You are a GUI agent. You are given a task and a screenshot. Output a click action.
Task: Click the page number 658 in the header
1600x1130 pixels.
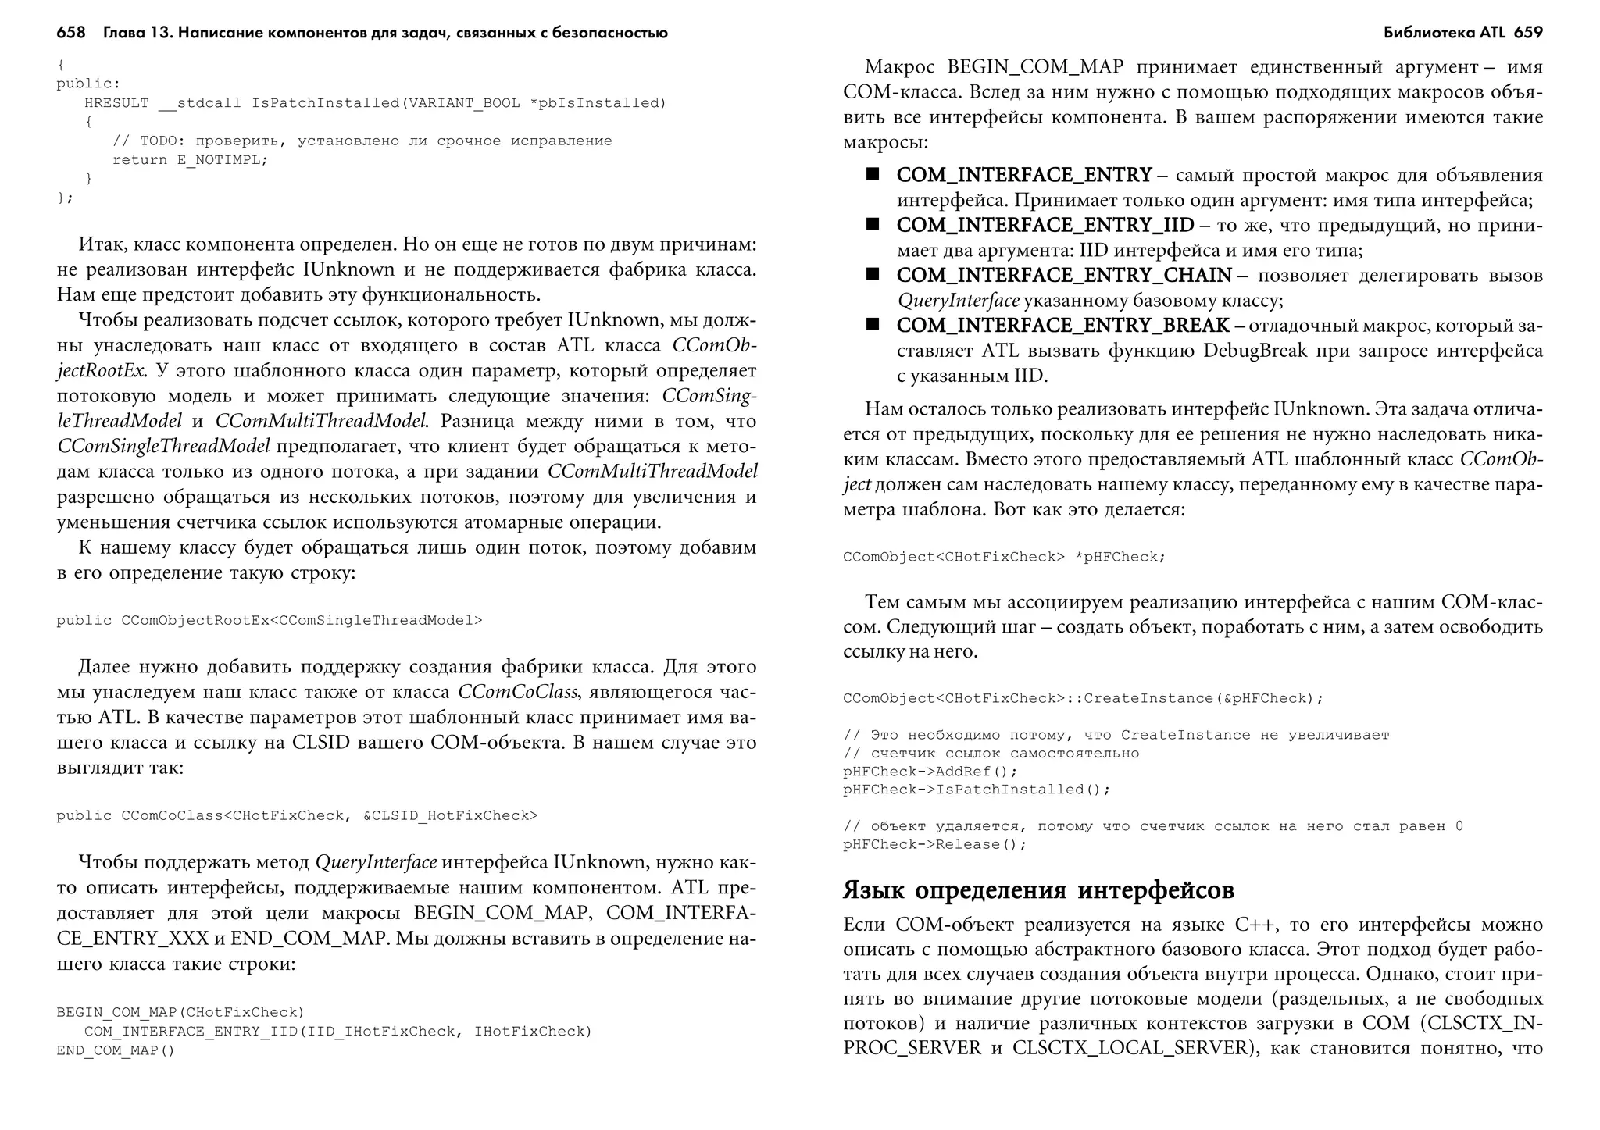click(x=70, y=33)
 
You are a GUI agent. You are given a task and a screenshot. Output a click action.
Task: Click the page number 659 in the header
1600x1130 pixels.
click(x=1528, y=33)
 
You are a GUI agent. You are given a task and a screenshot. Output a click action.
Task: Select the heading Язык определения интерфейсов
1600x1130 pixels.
click(x=1038, y=890)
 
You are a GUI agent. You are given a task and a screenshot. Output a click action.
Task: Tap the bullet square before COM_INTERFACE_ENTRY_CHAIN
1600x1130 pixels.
click(x=872, y=274)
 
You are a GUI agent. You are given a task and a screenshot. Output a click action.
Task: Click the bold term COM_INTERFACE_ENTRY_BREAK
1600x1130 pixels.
click(x=1062, y=325)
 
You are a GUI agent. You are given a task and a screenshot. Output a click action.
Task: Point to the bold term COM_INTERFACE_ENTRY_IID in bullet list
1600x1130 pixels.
click(x=1045, y=225)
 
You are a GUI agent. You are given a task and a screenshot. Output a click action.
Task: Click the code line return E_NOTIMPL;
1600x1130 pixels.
click(x=190, y=160)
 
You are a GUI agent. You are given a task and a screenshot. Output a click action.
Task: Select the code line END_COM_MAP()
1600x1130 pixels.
click(x=116, y=1051)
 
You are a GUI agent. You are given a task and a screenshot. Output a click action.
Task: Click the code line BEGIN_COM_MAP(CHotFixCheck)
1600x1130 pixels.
click(x=180, y=1013)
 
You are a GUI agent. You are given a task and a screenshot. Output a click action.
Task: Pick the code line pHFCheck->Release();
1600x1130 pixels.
click(x=934, y=844)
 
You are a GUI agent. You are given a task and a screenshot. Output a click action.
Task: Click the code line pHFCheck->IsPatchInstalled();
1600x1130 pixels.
click(x=976, y=790)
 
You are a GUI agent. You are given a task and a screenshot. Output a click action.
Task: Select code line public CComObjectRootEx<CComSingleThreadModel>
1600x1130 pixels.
click(x=269, y=621)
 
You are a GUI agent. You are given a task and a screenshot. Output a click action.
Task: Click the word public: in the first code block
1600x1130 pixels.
click(x=88, y=84)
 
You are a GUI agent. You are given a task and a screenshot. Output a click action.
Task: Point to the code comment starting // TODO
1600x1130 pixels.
click(x=362, y=141)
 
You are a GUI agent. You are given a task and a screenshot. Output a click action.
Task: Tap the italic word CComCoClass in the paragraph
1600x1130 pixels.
click(x=517, y=692)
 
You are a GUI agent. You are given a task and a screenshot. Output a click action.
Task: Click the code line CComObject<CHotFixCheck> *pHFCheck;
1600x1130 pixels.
click(x=1004, y=557)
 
